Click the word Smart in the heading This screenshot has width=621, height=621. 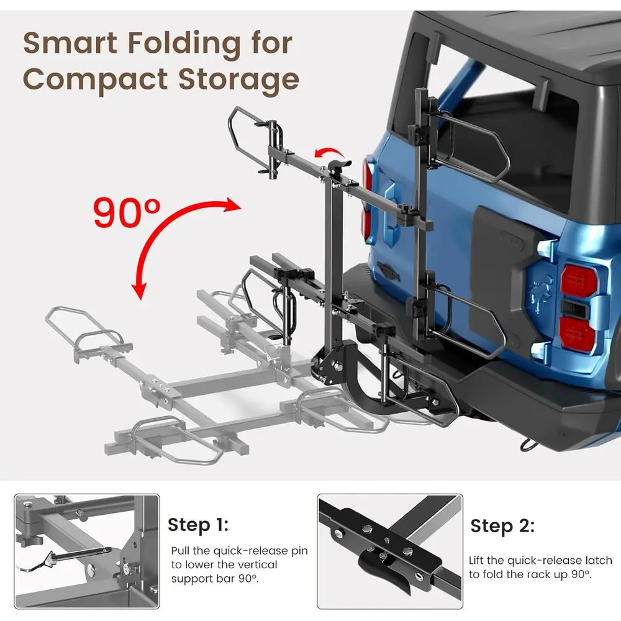70,43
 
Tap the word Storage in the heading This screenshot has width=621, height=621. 238,80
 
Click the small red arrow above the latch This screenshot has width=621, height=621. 329,153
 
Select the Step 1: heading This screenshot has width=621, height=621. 198,525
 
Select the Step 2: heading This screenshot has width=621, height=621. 502,527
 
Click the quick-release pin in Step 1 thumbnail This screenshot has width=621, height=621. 79,555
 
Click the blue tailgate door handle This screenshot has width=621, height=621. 391,206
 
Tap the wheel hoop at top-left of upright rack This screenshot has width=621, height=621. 242,137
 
